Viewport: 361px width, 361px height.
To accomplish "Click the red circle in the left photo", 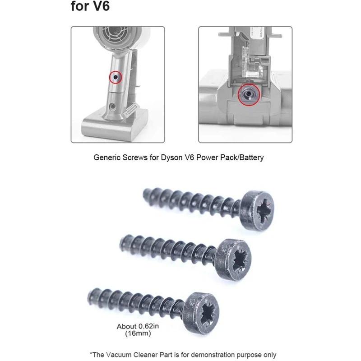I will [116, 78].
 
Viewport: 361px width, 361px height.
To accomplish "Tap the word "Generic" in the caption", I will [107, 158].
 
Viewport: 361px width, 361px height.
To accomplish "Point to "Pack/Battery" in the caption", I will [247, 158].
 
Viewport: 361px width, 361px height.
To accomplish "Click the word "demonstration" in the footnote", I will [208, 355].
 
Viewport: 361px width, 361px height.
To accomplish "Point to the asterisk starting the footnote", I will [91, 354].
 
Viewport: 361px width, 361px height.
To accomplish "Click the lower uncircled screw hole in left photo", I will [111, 106].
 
